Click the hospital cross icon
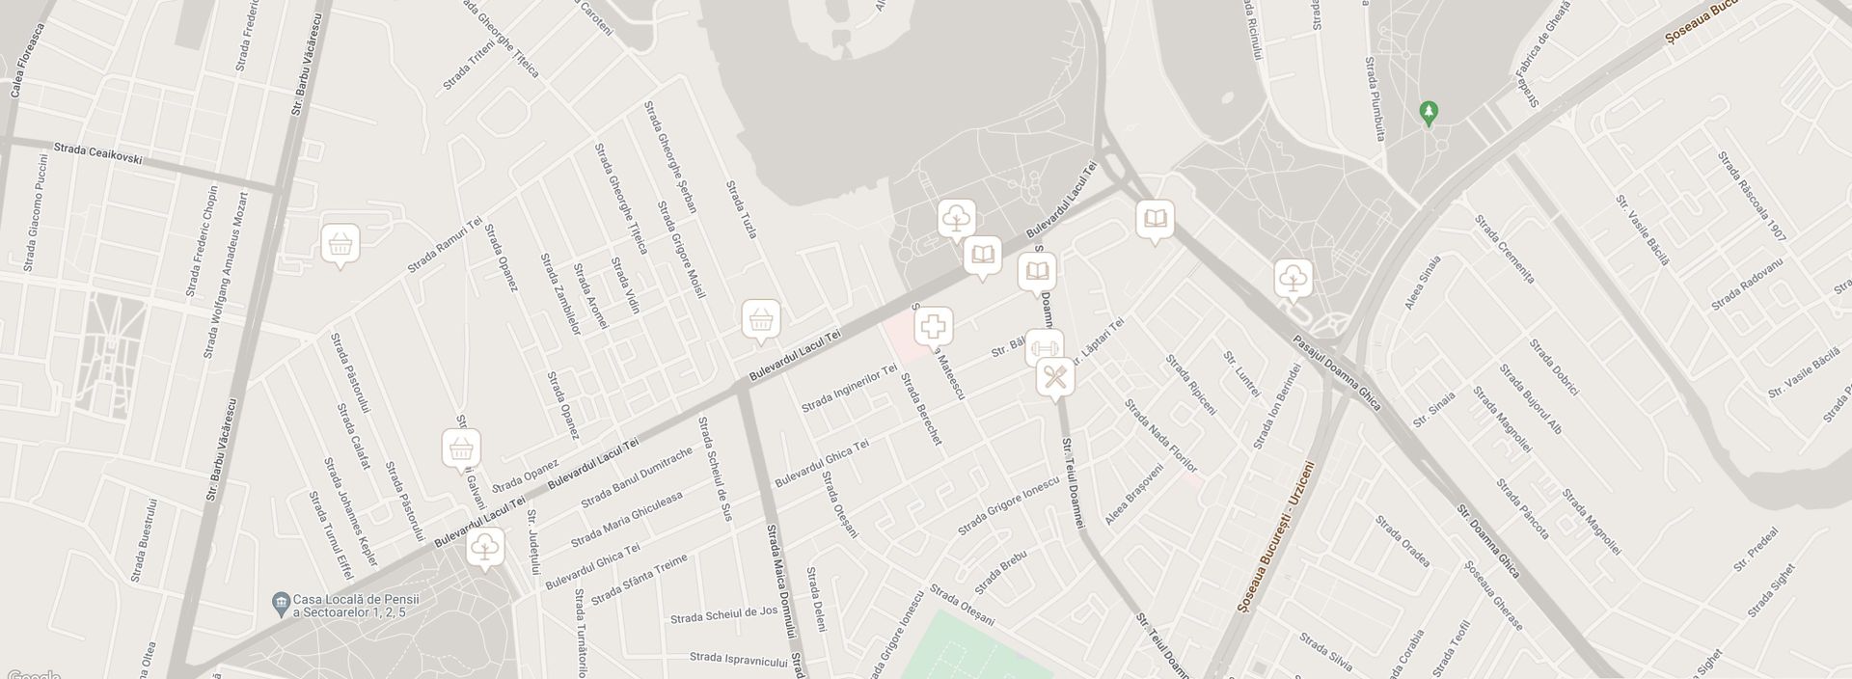point(933,328)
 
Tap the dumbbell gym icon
point(1044,346)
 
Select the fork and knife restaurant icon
point(1056,377)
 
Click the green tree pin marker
point(1429,114)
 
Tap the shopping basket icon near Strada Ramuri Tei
point(339,244)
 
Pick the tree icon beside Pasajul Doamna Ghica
point(1293,279)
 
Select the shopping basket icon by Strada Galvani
point(461,448)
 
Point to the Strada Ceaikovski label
point(98,152)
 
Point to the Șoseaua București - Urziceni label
point(1274,538)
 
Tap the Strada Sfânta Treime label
point(639,581)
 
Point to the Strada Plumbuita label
point(1375,99)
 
